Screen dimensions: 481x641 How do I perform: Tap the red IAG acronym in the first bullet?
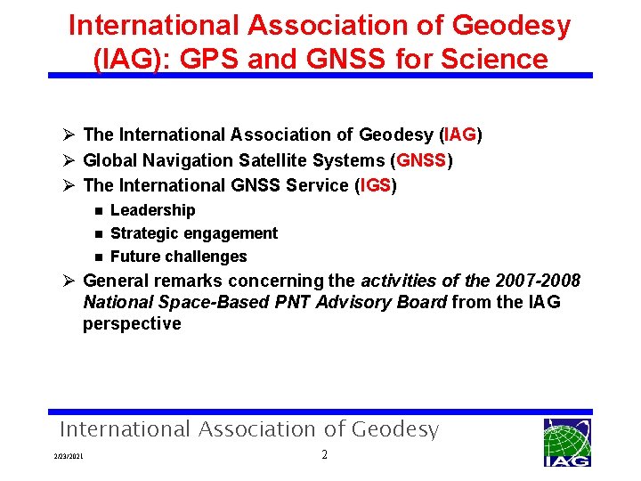pos(461,135)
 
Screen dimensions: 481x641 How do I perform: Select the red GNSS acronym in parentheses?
pos(423,160)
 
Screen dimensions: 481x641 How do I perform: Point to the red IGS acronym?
pos(376,185)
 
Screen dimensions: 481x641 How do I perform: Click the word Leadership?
pos(152,210)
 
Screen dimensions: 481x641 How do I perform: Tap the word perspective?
pos(132,323)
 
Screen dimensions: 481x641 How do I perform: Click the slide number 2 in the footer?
pos(325,455)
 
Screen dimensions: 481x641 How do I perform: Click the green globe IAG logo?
pos(566,441)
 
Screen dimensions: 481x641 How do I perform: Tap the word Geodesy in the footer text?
pos(394,429)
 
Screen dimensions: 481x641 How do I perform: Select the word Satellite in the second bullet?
pos(271,160)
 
